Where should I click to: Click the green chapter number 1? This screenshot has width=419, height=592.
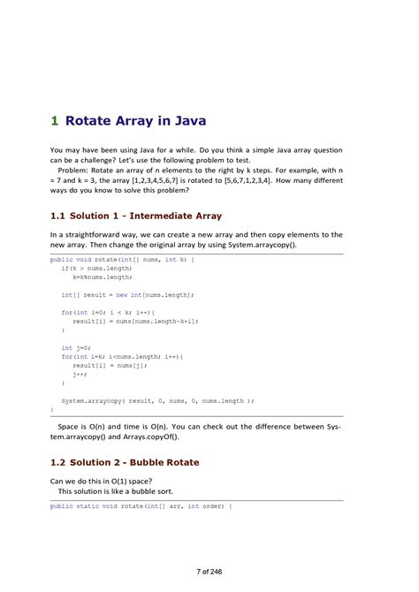pos(54,121)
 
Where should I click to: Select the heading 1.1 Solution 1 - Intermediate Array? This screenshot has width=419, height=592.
pos(136,216)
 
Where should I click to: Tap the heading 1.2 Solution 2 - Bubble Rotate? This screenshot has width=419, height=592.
pos(125,462)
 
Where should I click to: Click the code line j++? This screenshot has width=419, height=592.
pos(80,374)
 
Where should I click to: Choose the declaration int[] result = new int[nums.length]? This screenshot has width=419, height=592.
pos(127,294)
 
